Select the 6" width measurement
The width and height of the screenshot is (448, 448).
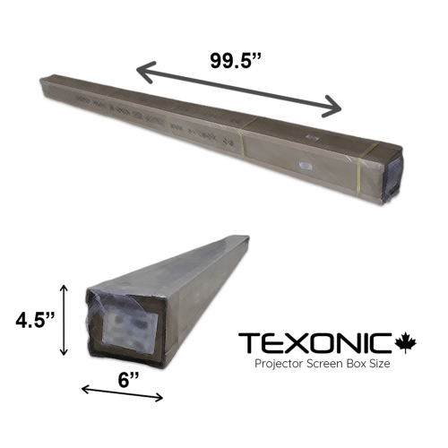128,379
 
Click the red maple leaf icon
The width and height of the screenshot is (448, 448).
406,342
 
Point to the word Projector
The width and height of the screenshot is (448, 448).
280,366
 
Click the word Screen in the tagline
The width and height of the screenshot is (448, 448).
327,366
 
